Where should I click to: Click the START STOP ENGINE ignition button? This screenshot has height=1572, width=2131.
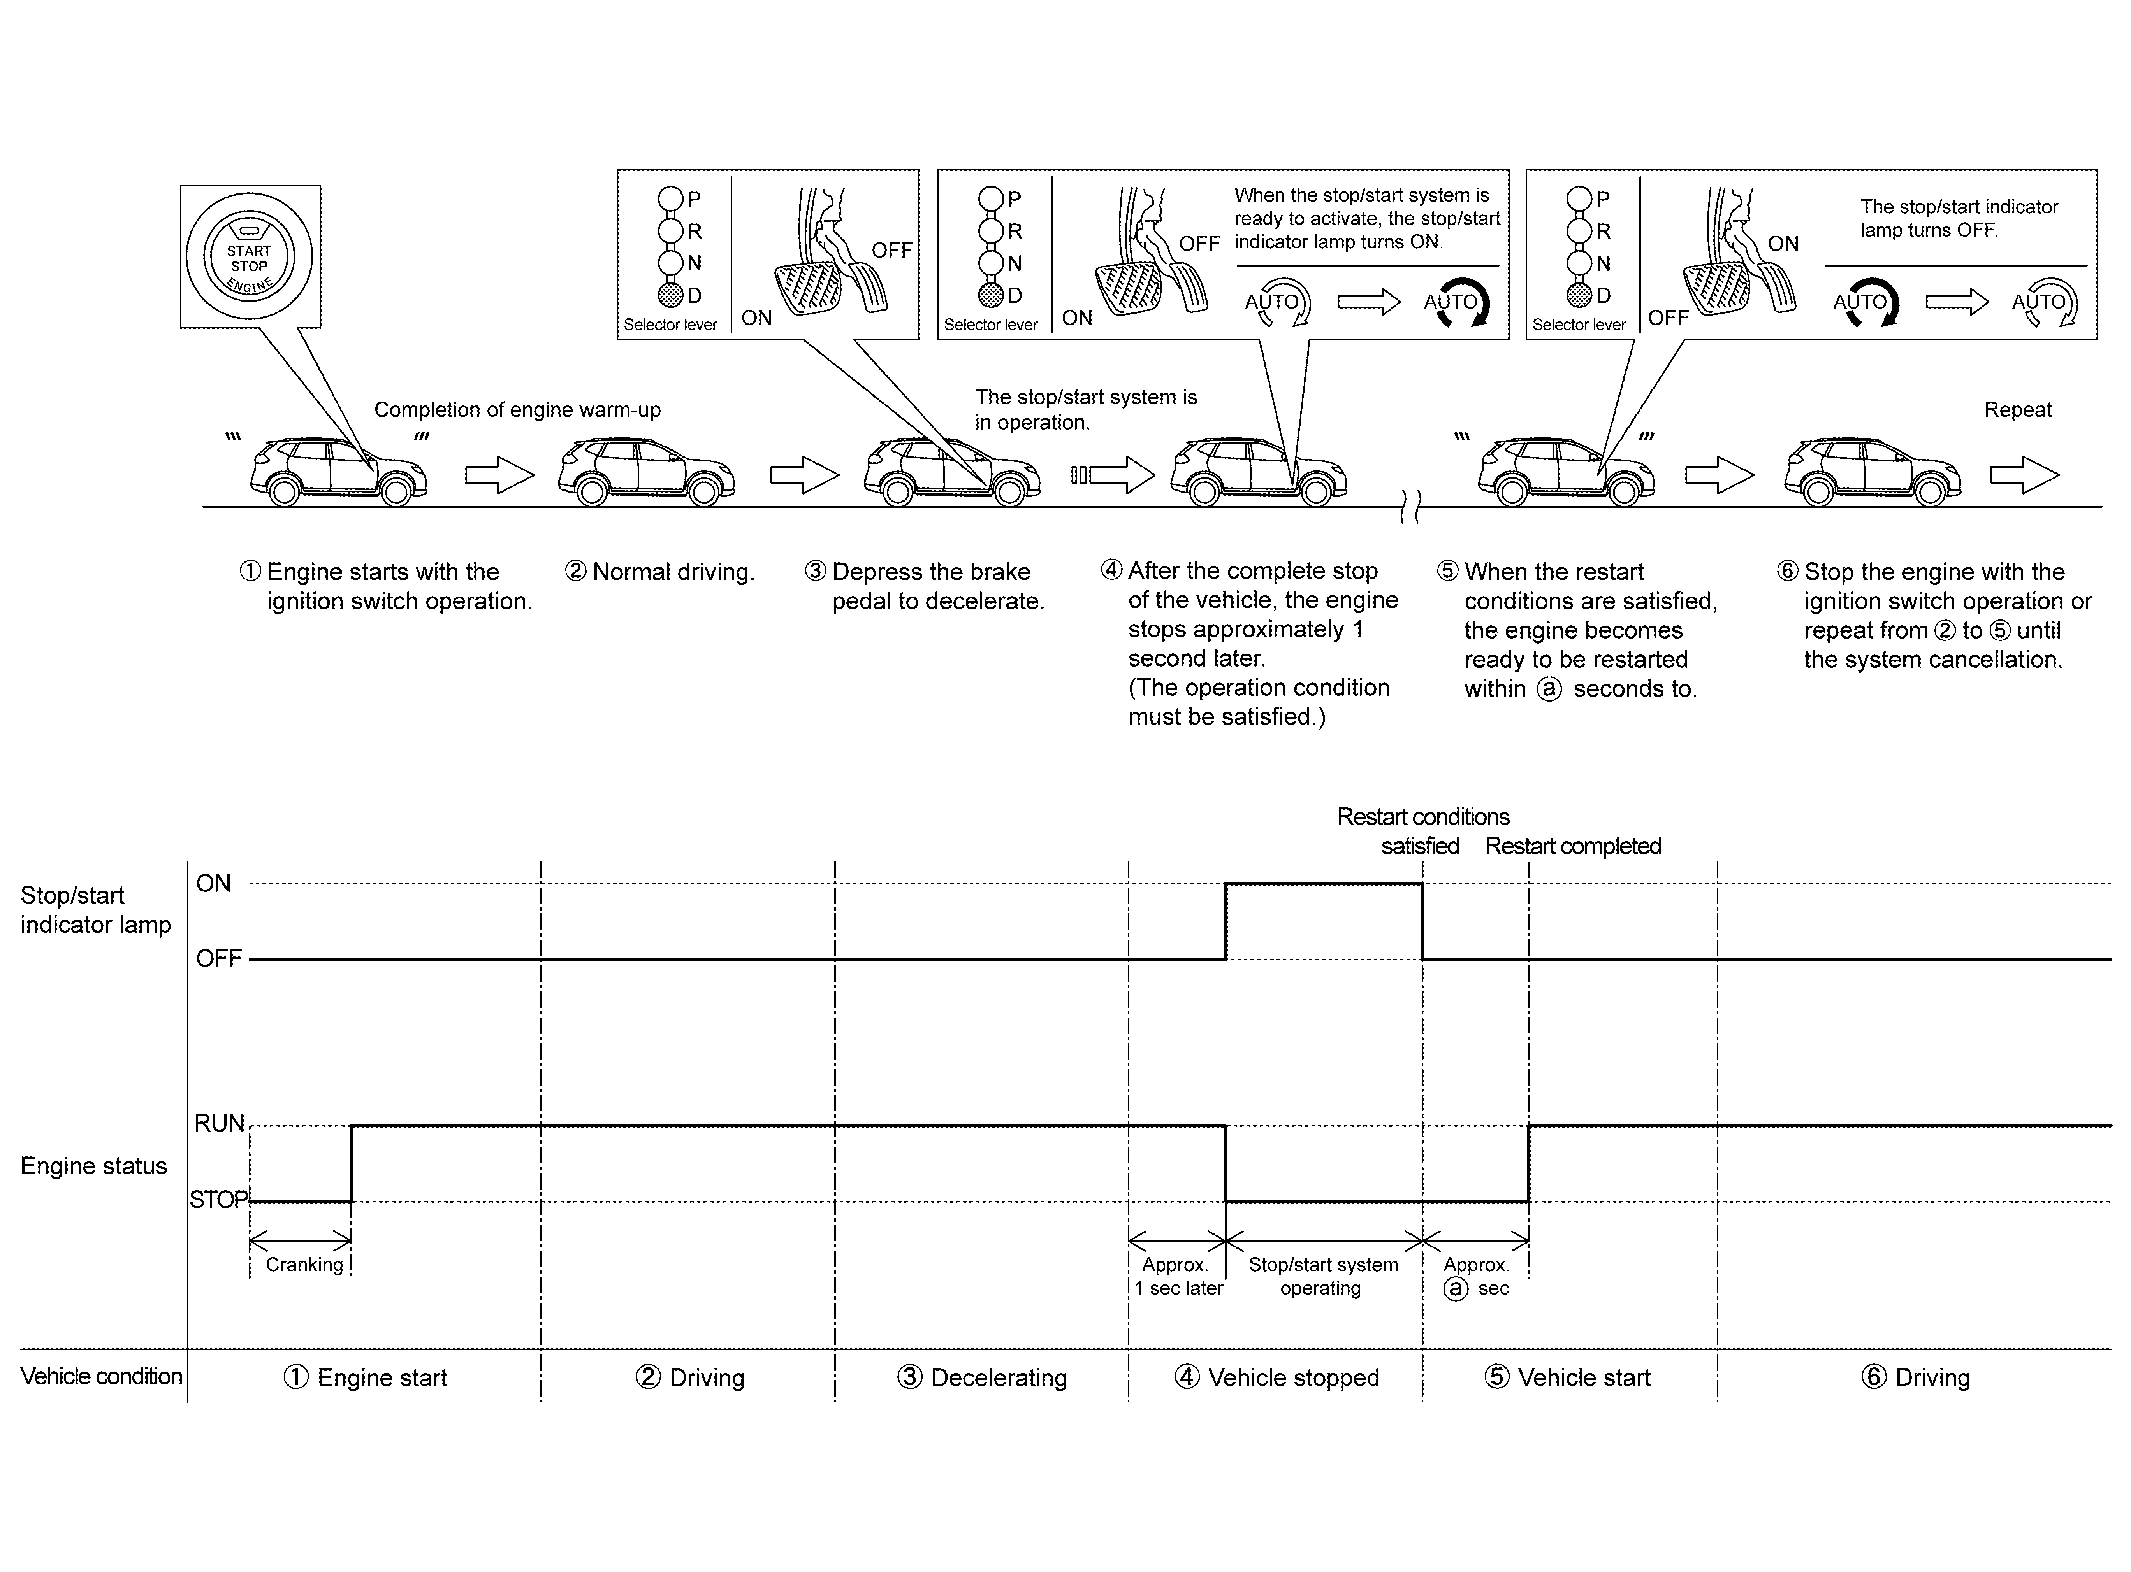click(x=250, y=257)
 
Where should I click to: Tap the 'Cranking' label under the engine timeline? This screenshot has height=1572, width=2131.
click(x=304, y=1265)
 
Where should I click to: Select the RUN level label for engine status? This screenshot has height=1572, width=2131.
click(x=219, y=1124)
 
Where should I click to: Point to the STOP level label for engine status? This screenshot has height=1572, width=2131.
click(x=218, y=1200)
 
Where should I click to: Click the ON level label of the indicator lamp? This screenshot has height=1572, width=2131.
click(x=213, y=884)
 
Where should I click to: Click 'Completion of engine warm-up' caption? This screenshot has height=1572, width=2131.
click(x=517, y=410)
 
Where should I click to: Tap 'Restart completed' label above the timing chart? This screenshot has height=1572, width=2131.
click(x=1572, y=846)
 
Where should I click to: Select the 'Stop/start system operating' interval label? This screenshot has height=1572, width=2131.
click(x=1323, y=1276)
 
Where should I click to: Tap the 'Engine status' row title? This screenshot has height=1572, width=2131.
click(x=93, y=1166)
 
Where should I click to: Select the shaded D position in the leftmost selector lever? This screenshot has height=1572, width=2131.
click(x=671, y=295)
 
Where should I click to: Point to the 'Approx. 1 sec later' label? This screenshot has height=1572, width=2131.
click(x=1177, y=1276)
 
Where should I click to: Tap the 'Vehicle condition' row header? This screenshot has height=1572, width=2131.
click(x=101, y=1376)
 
